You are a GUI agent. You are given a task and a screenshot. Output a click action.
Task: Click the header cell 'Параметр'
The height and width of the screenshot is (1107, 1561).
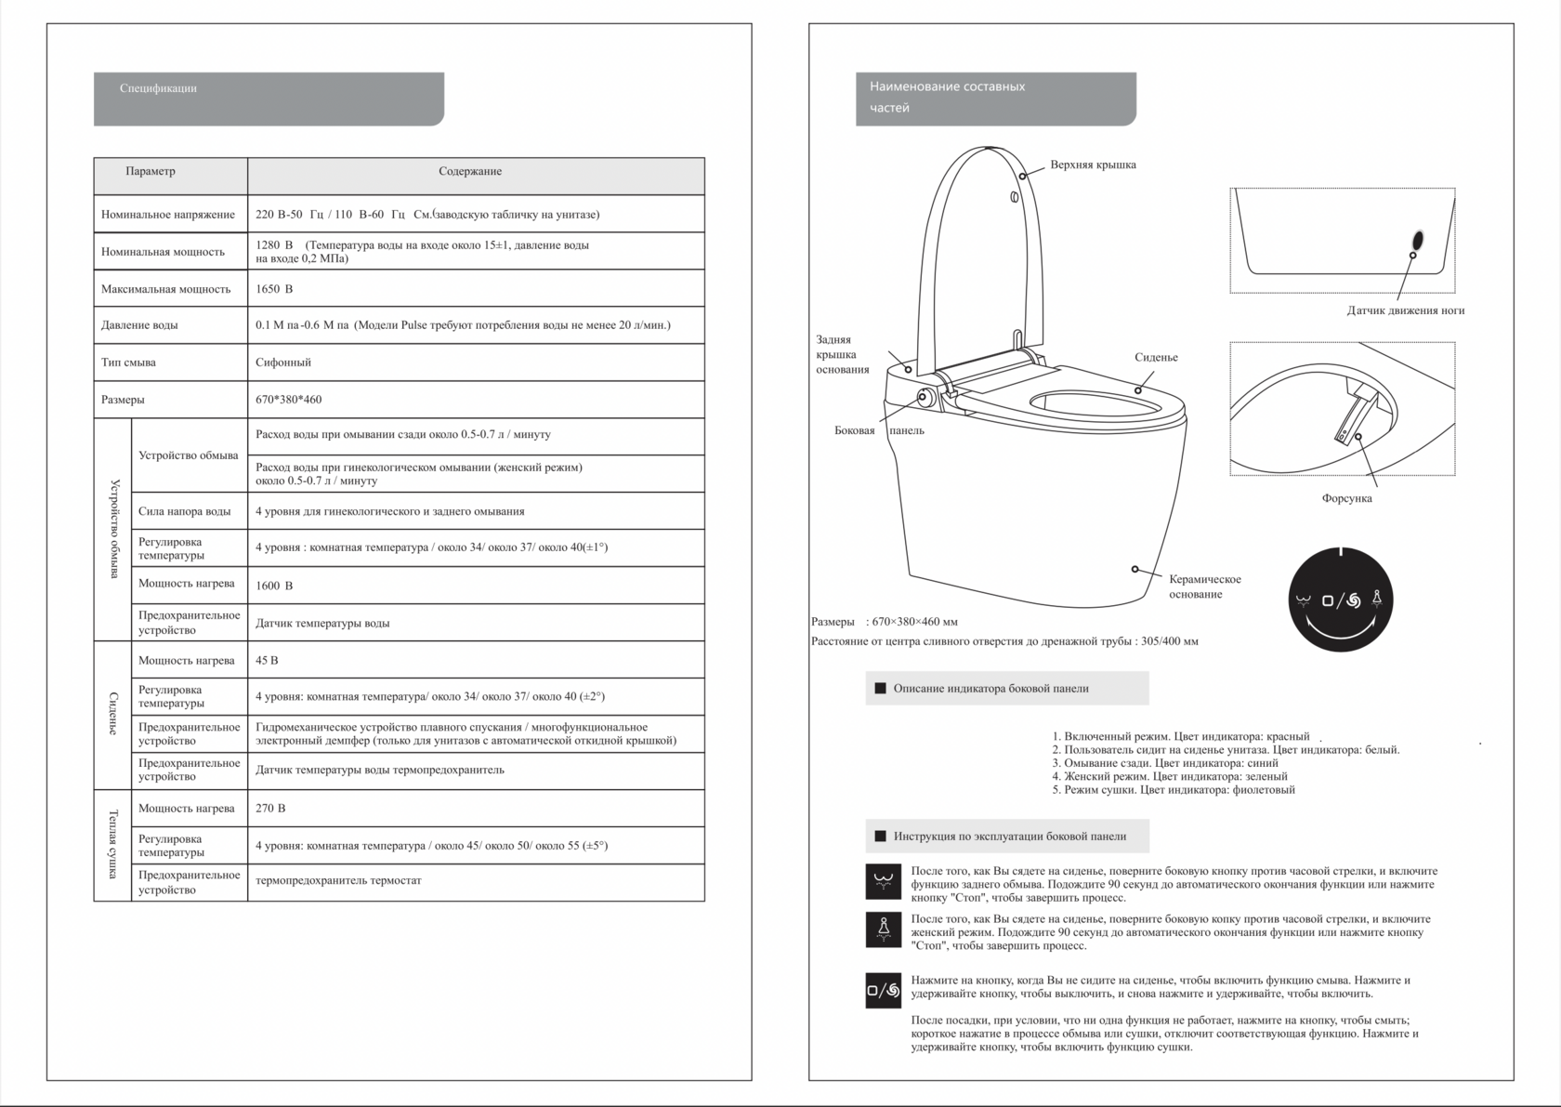[x=151, y=172]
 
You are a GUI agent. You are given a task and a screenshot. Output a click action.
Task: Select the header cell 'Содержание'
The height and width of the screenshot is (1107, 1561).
[x=470, y=172]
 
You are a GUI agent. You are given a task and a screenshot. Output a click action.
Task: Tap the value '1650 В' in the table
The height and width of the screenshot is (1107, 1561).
[x=274, y=289]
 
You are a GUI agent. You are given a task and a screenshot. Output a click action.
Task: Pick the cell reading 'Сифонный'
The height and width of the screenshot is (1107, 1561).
[x=283, y=362]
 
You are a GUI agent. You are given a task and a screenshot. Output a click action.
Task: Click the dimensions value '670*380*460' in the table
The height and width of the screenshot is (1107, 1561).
[x=289, y=400]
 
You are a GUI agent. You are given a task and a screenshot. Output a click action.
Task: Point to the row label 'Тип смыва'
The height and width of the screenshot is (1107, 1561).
[x=128, y=362]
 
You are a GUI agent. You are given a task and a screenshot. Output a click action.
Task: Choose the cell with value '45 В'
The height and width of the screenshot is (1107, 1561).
[x=267, y=661]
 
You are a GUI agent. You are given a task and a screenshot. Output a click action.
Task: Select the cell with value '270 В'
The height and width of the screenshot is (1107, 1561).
[x=270, y=809]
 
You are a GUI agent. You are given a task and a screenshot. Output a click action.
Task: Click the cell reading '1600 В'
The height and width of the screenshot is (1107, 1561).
[x=274, y=586]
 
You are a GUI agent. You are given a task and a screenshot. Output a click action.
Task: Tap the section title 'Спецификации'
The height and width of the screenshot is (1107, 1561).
[x=158, y=88]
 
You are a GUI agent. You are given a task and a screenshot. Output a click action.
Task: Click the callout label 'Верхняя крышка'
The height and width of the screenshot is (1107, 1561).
[x=1093, y=165]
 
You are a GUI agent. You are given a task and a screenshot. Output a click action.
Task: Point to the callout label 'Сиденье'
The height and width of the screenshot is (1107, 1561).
[x=1156, y=358]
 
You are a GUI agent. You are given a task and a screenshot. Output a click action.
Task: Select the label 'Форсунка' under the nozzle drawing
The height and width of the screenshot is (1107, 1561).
[x=1346, y=499]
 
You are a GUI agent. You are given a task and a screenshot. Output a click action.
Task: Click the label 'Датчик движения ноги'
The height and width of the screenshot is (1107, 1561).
[x=1405, y=310]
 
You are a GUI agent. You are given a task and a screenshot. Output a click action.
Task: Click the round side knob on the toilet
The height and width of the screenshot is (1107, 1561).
[x=924, y=397]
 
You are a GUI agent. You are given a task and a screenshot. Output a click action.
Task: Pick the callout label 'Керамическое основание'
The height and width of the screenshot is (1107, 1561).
[x=1204, y=586]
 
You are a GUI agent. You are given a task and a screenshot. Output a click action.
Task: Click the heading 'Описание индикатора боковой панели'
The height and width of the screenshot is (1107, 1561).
[x=990, y=689]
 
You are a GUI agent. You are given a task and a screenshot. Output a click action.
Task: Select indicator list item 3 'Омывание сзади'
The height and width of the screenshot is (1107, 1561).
[x=1165, y=763]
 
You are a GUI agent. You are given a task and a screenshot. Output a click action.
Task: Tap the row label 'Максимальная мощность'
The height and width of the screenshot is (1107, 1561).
[x=165, y=289]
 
